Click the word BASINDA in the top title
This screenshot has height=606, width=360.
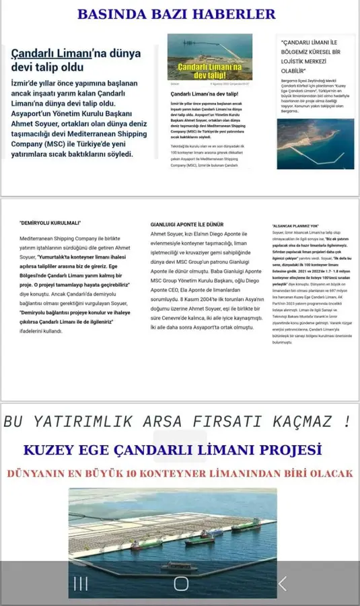pyautogui.click(x=109, y=13)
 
